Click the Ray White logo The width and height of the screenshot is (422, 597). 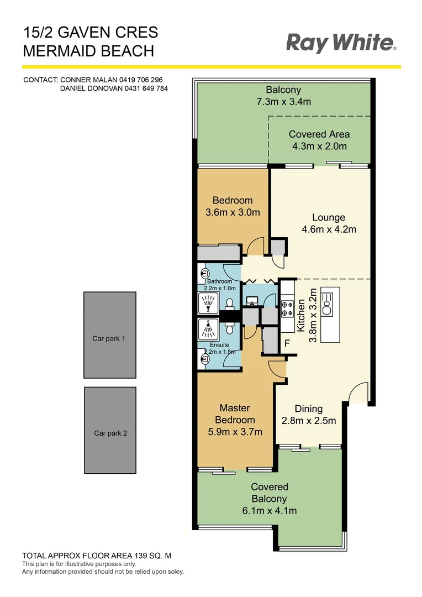click(x=341, y=43)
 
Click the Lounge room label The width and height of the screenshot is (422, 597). click(x=328, y=218)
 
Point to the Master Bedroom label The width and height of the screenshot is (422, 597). click(x=235, y=414)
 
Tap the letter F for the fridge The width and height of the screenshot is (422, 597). click(x=287, y=343)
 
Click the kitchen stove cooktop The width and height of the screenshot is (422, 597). click(x=287, y=309)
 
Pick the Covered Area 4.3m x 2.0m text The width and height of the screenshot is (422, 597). click(x=319, y=140)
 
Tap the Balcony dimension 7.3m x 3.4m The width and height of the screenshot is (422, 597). click(x=283, y=102)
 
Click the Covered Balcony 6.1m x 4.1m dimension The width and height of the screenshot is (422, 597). click(x=270, y=510)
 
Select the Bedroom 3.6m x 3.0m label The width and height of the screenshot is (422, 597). click(x=232, y=206)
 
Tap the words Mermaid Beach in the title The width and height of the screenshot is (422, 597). click(x=88, y=51)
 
